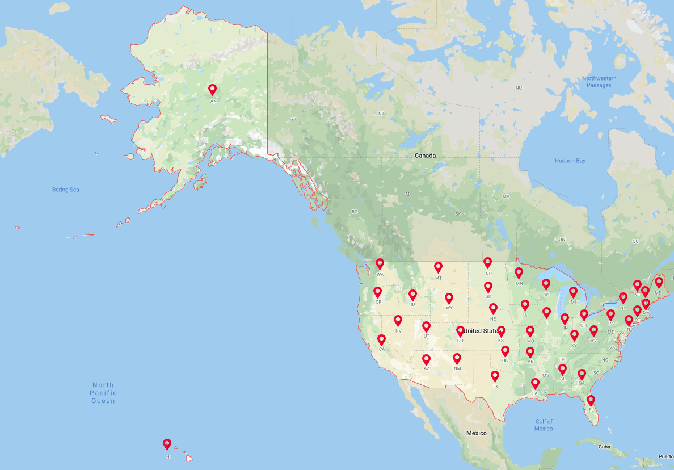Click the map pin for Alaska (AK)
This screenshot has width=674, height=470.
pyautogui.click(x=213, y=90)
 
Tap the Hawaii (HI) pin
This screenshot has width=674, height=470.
pyautogui.click(x=167, y=444)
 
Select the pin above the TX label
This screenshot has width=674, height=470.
pyautogui.click(x=495, y=376)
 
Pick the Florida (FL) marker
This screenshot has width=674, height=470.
pyautogui.click(x=591, y=400)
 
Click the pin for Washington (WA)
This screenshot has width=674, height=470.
pyautogui.click(x=380, y=264)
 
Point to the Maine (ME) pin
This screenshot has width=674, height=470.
pyautogui.click(x=659, y=282)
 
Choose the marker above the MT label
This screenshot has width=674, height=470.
pyautogui.click(x=438, y=267)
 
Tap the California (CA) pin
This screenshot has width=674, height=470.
pyautogui.click(x=381, y=339)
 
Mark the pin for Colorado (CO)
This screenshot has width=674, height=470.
pyautogui.click(x=460, y=331)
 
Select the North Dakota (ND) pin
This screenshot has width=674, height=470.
pyautogui.click(x=487, y=262)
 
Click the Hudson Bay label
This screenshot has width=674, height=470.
pyautogui.click(x=570, y=161)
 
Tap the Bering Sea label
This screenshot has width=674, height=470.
pyautogui.click(x=65, y=190)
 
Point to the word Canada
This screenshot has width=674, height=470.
pyautogui.click(x=425, y=155)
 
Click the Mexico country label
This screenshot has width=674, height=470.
pyautogui.click(x=476, y=433)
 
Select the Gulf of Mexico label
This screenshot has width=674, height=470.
pyautogui.click(x=543, y=425)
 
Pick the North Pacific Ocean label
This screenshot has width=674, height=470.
pyautogui.click(x=103, y=393)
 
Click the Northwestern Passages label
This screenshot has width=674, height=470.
pyautogui.click(x=599, y=82)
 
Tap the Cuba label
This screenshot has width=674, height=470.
pyautogui.click(x=604, y=447)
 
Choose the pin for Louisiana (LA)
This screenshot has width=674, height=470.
pyautogui.click(x=535, y=384)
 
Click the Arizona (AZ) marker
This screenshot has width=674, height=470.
pyautogui.click(x=426, y=359)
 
